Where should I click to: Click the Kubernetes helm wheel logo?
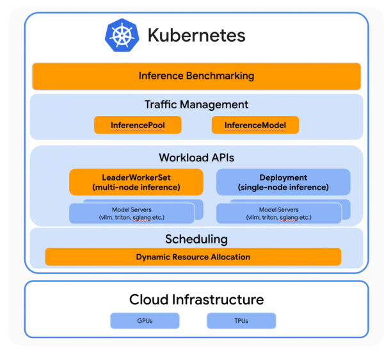(x=122, y=35)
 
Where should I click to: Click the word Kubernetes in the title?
(x=196, y=35)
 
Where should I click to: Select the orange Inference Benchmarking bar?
(x=196, y=76)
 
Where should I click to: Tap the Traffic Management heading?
(x=196, y=104)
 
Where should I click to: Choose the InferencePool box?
(x=138, y=125)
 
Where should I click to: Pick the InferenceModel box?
(x=255, y=125)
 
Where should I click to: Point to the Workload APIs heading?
(x=196, y=157)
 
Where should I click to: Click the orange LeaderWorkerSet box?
(x=136, y=182)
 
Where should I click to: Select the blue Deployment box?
(x=283, y=182)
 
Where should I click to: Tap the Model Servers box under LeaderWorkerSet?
(x=131, y=213)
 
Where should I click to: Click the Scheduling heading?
(x=196, y=240)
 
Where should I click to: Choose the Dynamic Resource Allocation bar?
(x=193, y=257)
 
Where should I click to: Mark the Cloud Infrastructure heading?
(x=196, y=299)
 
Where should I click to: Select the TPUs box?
(x=241, y=320)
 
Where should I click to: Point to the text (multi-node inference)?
(x=136, y=188)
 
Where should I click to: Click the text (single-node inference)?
(x=283, y=188)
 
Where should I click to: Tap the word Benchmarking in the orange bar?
(x=220, y=76)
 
